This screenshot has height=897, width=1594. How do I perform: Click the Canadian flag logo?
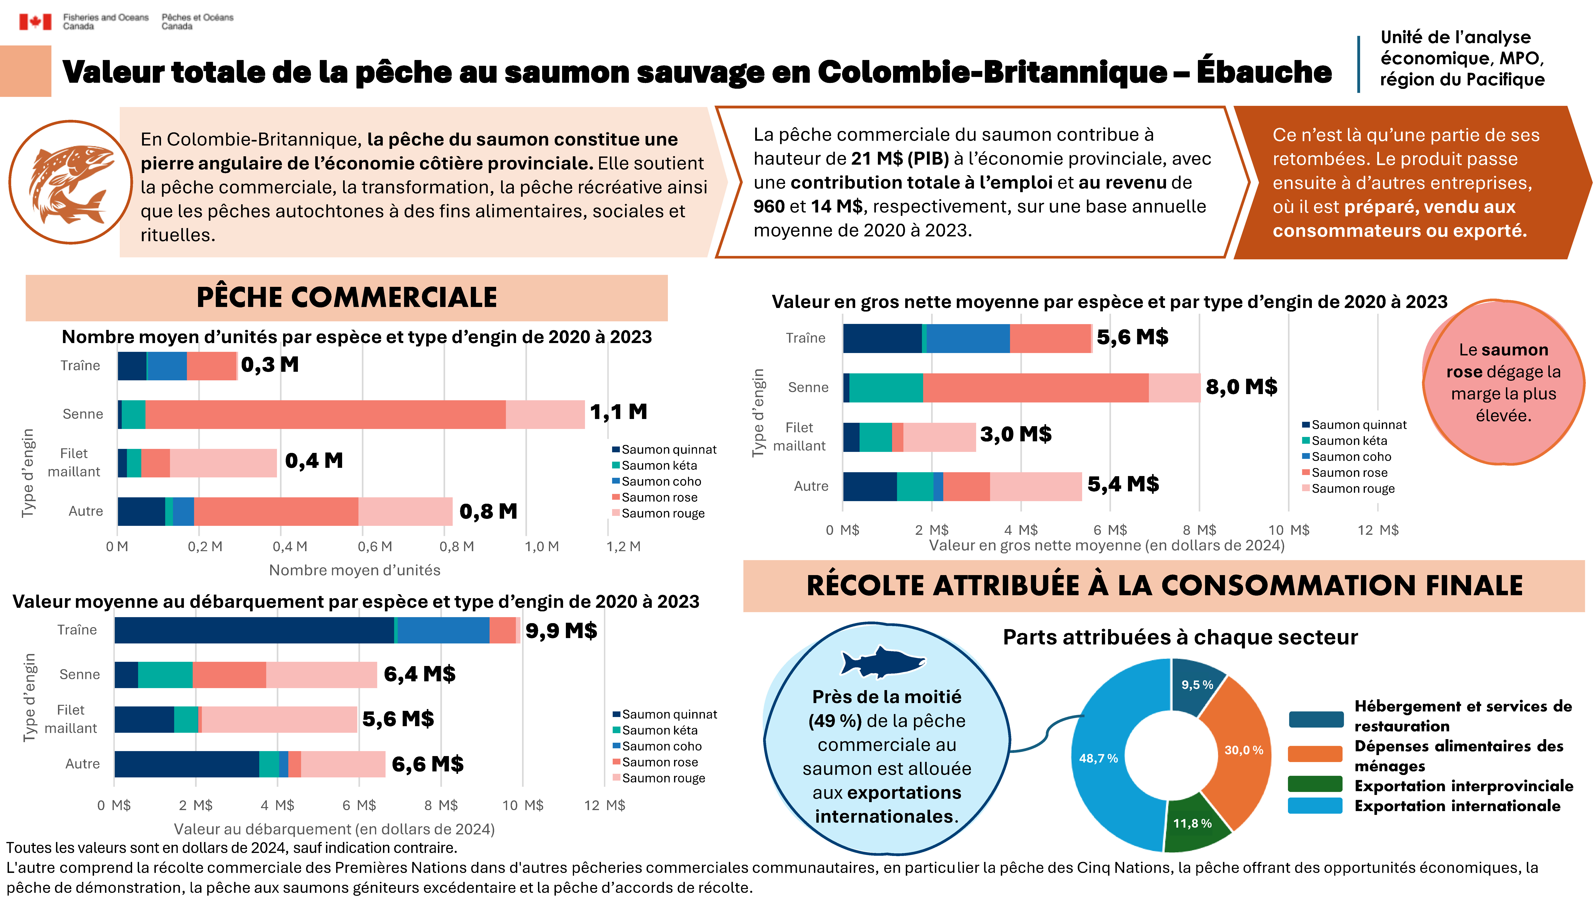pyautogui.click(x=35, y=22)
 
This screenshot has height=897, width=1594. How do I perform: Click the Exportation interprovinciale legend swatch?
pyautogui.click(x=1315, y=785)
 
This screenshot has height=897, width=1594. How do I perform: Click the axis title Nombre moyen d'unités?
pyautogui.click(x=355, y=570)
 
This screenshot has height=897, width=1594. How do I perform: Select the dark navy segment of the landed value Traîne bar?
pyautogui.click(x=254, y=630)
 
